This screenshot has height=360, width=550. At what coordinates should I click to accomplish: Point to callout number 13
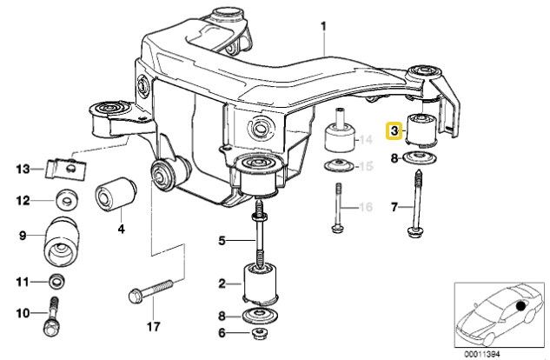(x=23, y=167)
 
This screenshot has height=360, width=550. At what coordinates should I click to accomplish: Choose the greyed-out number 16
(x=367, y=207)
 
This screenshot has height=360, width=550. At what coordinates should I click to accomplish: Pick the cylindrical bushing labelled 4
(x=116, y=194)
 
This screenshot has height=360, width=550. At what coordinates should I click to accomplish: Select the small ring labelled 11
(x=57, y=281)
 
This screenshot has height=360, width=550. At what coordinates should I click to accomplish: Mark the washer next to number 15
(x=337, y=167)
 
